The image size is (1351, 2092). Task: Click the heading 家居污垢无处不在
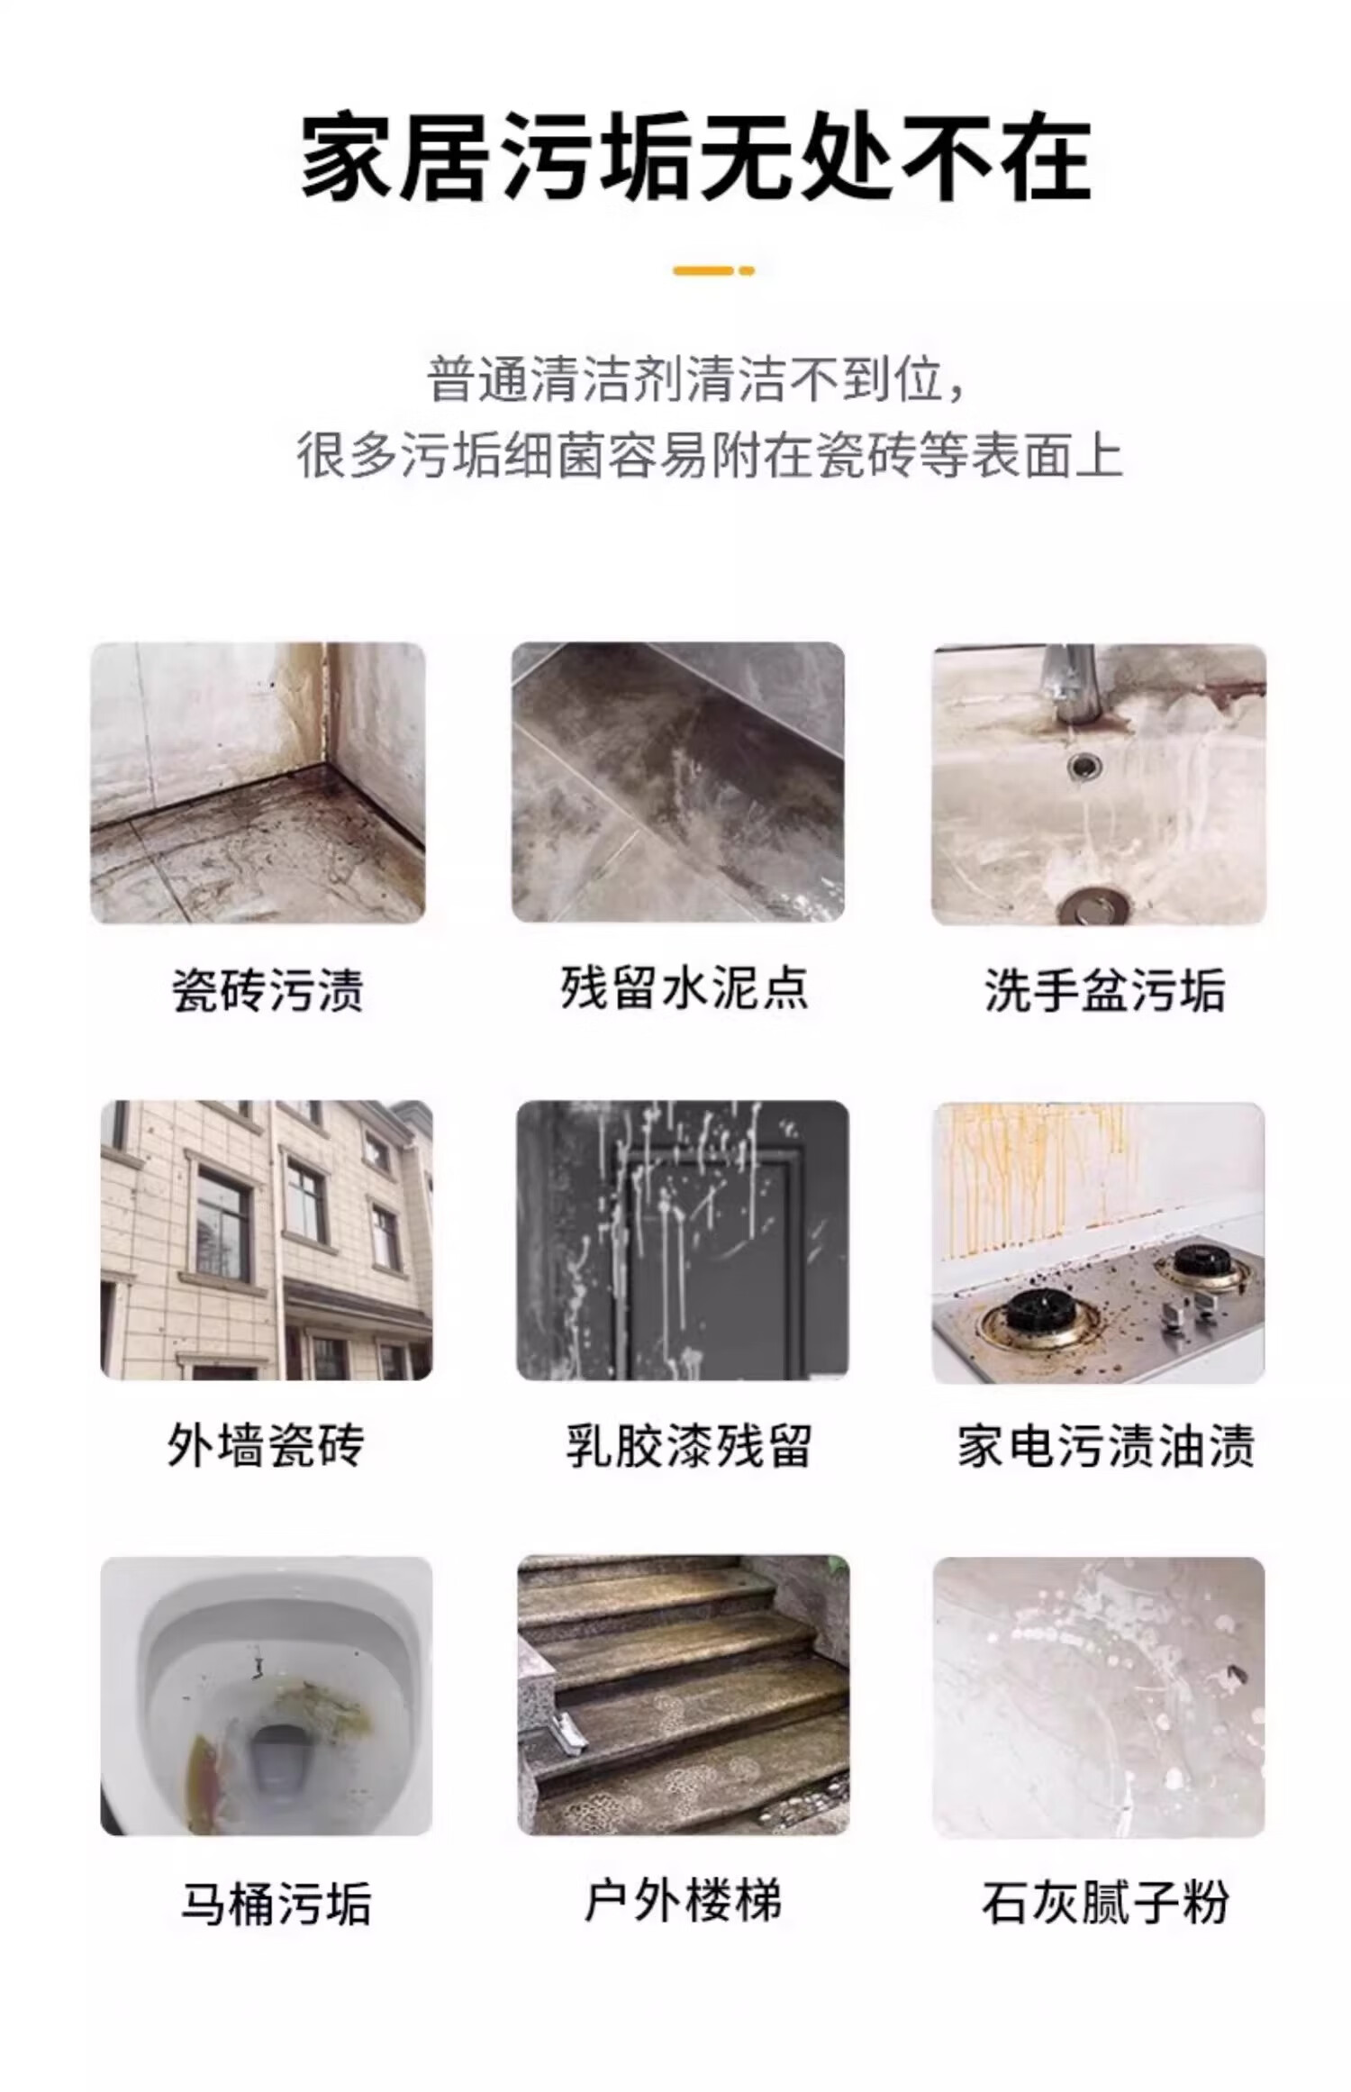pos(695,159)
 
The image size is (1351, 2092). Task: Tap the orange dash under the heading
pos(713,270)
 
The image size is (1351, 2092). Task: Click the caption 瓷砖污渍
pos(267,991)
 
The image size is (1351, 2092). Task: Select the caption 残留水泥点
pos(684,987)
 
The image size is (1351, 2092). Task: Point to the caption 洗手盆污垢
pos(1104,991)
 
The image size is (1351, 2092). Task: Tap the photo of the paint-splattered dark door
pos(683,1240)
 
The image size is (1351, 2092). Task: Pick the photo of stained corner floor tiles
pos(258,782)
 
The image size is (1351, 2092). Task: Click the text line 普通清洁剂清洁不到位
pos(698,379)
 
